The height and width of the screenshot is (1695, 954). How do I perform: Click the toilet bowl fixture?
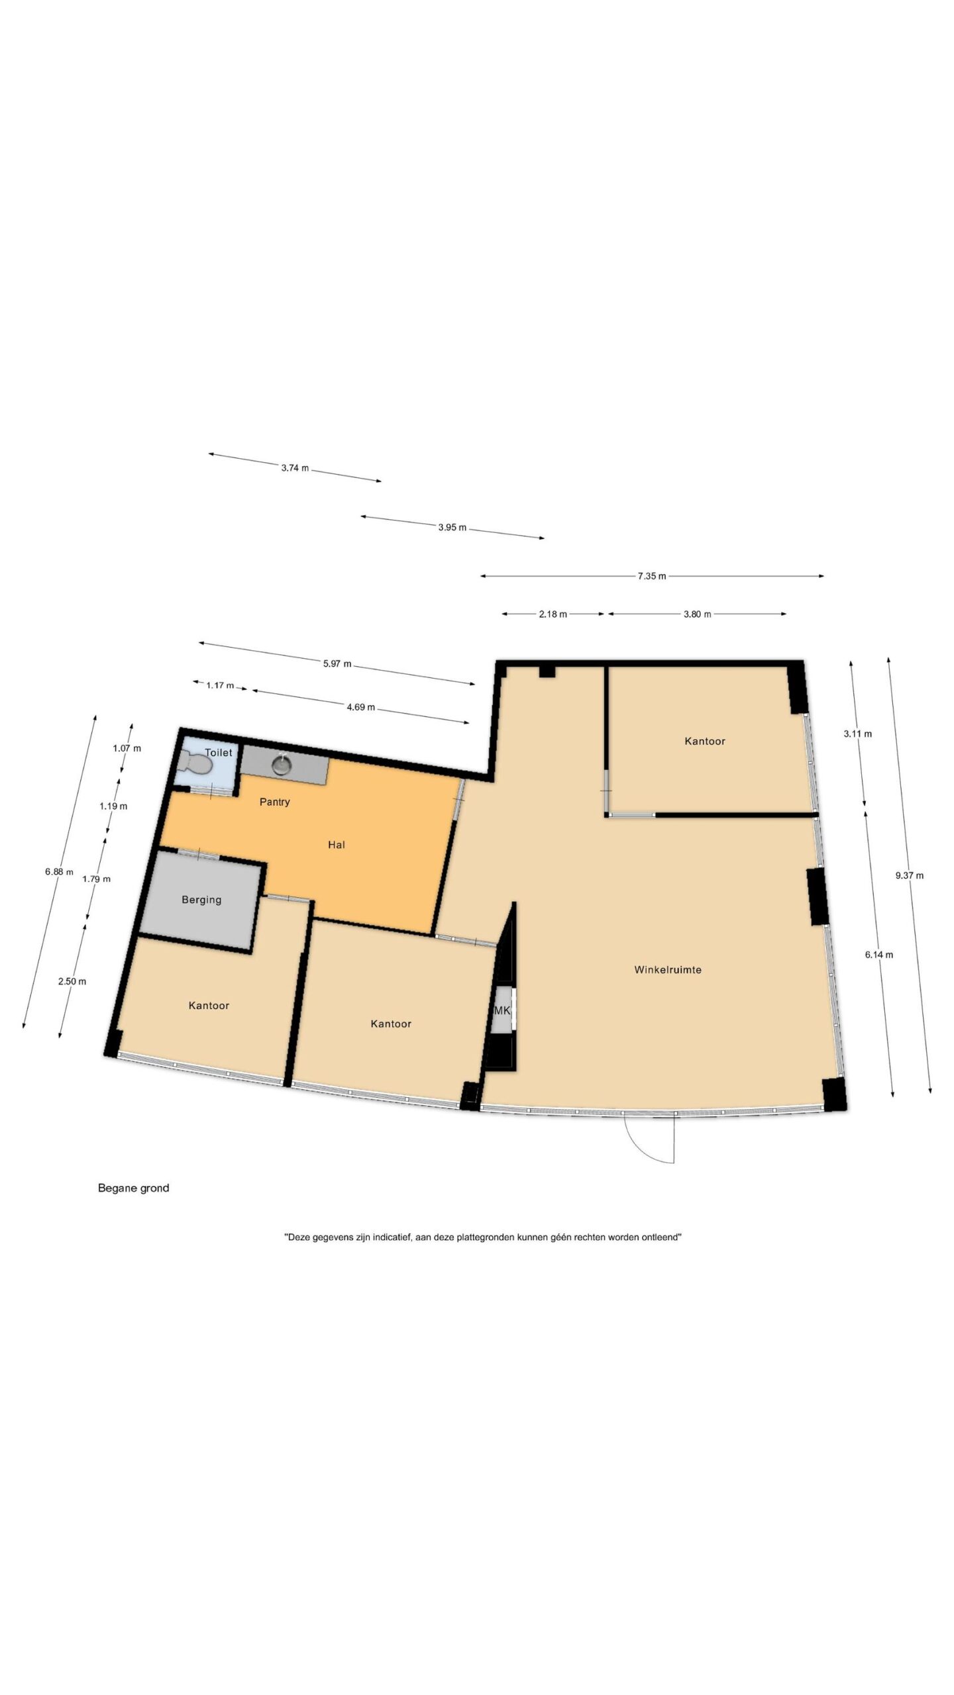(197, 765)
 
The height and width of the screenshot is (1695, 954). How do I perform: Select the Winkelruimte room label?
(668, 970)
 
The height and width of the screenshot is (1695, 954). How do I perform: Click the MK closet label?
(502, 1010)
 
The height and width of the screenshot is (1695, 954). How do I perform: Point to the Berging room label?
(201, 900)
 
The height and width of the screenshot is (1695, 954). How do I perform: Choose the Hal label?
(337, 845)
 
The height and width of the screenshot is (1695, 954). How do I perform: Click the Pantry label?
(275, 802)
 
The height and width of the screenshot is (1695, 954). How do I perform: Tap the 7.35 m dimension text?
(652, 576)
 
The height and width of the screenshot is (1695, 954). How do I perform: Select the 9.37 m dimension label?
(910, 875)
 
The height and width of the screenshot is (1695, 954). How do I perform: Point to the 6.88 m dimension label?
(59, 872)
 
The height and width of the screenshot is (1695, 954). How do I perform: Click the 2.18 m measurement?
(553, 614)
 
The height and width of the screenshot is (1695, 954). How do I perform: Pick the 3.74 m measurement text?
(295, 468)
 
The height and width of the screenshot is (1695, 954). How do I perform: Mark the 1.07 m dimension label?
(127, 748)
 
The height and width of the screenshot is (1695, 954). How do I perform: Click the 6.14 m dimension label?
(879, 955)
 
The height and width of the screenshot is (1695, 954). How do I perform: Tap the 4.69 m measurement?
(361, 707)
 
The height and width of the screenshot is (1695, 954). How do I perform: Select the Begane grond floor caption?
(134, 1188)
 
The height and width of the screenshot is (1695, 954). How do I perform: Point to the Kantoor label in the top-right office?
(705, 742)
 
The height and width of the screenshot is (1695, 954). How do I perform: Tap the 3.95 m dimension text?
(452, 528)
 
